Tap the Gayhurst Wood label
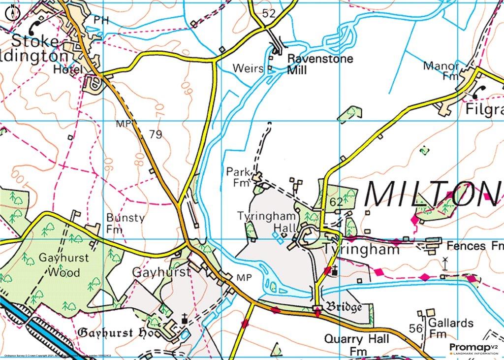tap(59, 264)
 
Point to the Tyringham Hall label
tap(268, 222)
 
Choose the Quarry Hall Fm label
tap(356, 345)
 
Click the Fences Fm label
tap(474, 245)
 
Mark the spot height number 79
tap(155, 134)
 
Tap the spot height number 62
tap(337, 201)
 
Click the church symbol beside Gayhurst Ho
tap(185, 320)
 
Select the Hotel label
tap(68, 70)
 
